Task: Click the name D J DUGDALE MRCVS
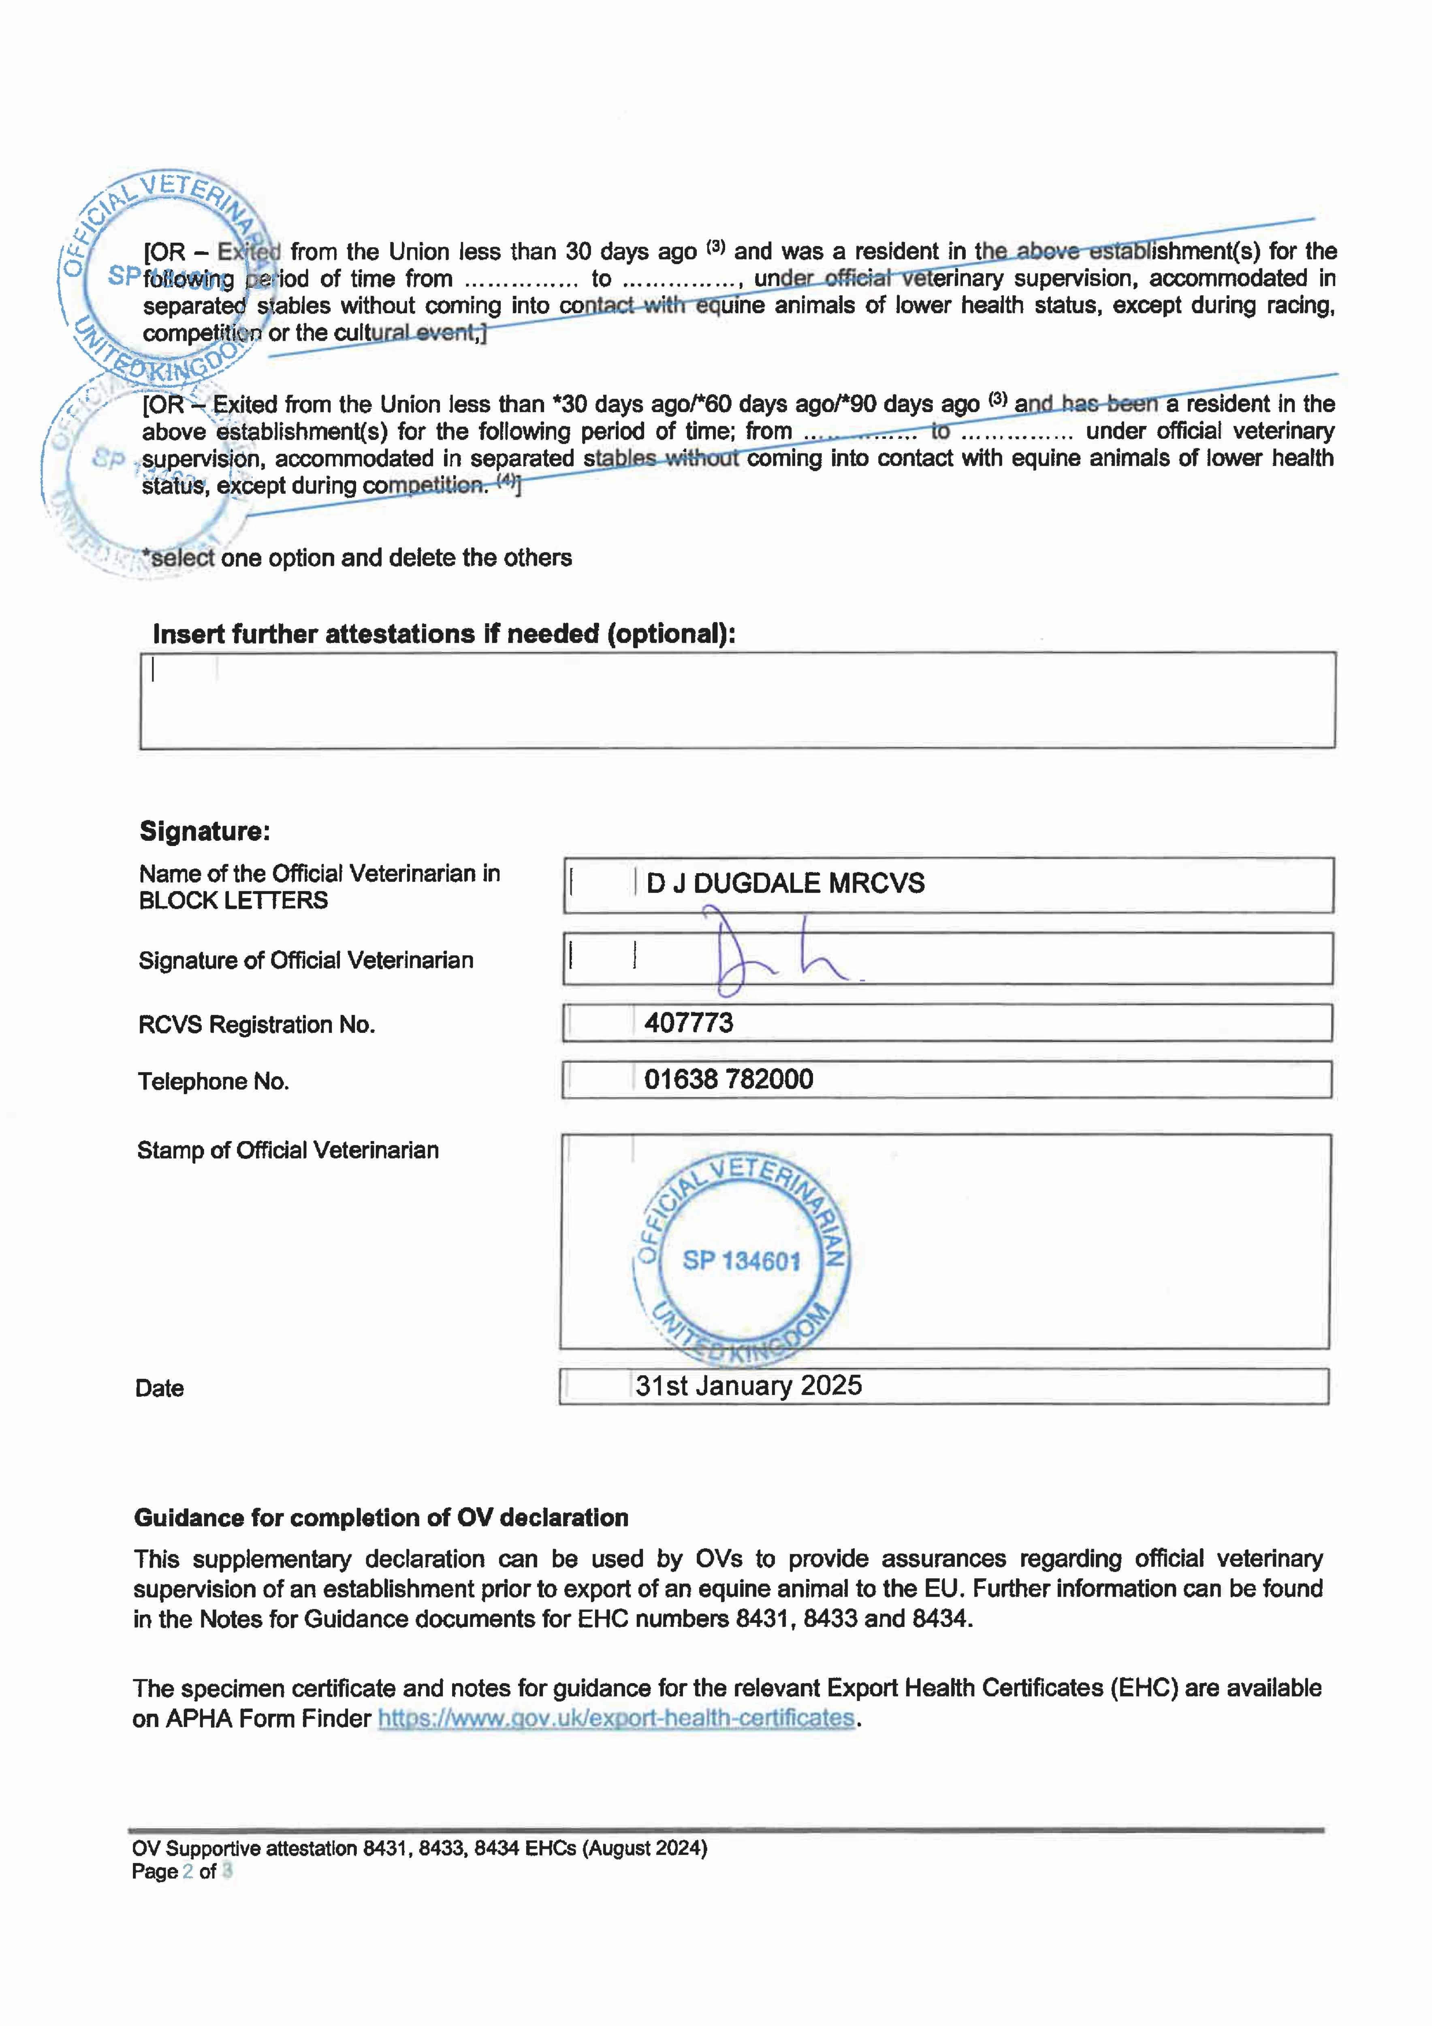point(785,883)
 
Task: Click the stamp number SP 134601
point(741,1261)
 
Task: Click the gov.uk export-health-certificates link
point(616,1718)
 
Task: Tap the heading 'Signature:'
point(205,831)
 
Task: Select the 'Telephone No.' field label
point(213,1082)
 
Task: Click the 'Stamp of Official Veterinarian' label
point(288,1151)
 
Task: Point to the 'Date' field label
point(160,1389)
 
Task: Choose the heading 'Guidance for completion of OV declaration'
point(381,1518)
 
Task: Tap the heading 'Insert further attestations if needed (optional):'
point(444,635)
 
